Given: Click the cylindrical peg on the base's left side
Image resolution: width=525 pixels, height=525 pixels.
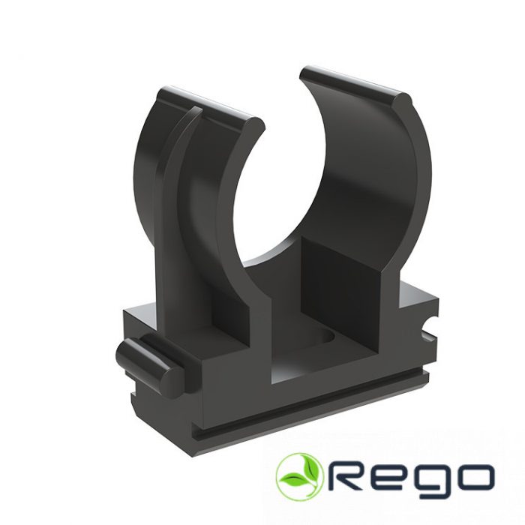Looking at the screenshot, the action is click(147, 366).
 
